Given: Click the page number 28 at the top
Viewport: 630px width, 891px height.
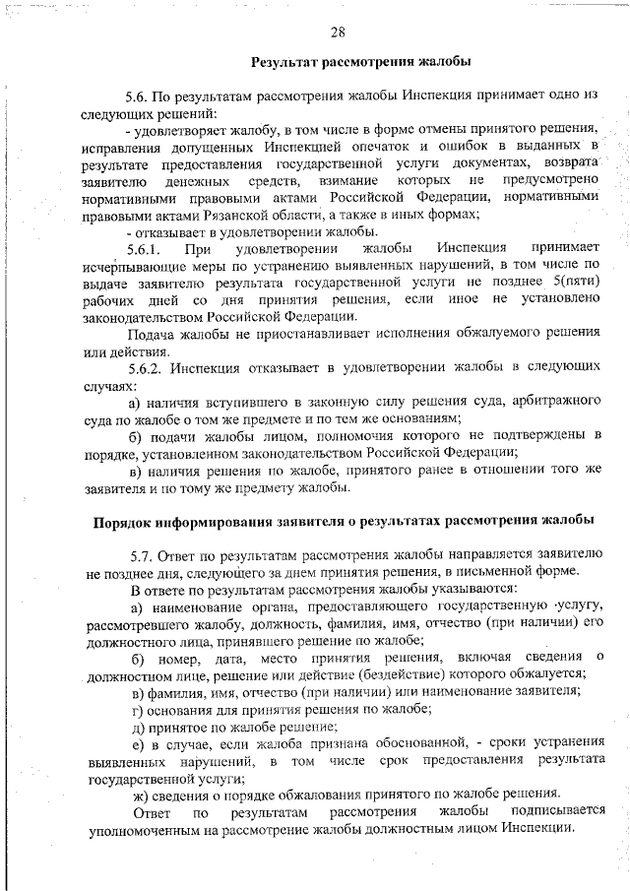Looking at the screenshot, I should tap(337, 32).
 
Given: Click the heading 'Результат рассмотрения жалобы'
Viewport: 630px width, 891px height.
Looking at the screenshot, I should tap(361, 63).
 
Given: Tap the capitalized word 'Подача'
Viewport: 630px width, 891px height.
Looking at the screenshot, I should tap(150, 333).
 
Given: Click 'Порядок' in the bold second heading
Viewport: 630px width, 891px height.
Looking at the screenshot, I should tap(124, 520).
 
